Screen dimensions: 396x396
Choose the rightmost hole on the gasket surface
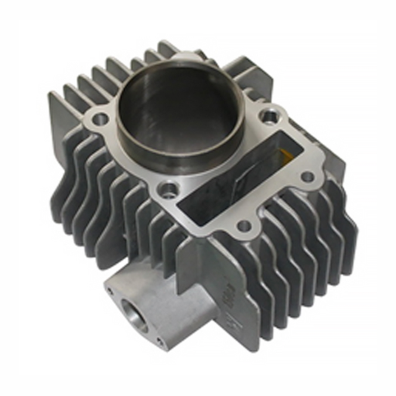(x=307, y=177)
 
